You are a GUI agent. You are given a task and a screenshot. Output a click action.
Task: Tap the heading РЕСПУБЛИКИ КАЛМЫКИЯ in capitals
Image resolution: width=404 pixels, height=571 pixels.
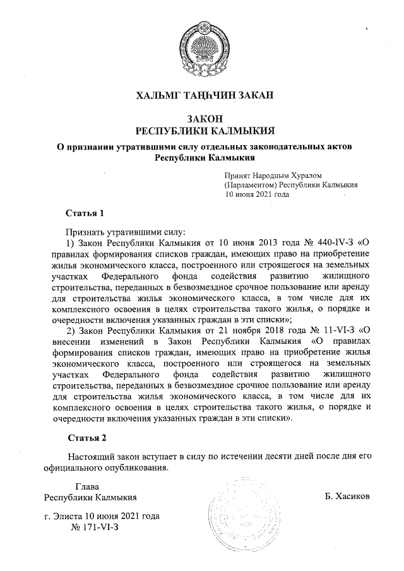pyautogui.click(x=202, y=131)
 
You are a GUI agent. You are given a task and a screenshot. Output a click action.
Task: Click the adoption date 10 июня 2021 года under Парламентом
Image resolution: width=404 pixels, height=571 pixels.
pyautogui.click(x=258, y=194)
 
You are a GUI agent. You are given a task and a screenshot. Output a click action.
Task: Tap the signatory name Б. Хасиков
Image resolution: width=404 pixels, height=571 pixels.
pyautogui.click(x=347, y=497)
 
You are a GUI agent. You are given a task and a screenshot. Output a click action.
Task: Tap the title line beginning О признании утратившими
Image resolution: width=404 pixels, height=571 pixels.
pyautogui.click(x=202, y=147)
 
